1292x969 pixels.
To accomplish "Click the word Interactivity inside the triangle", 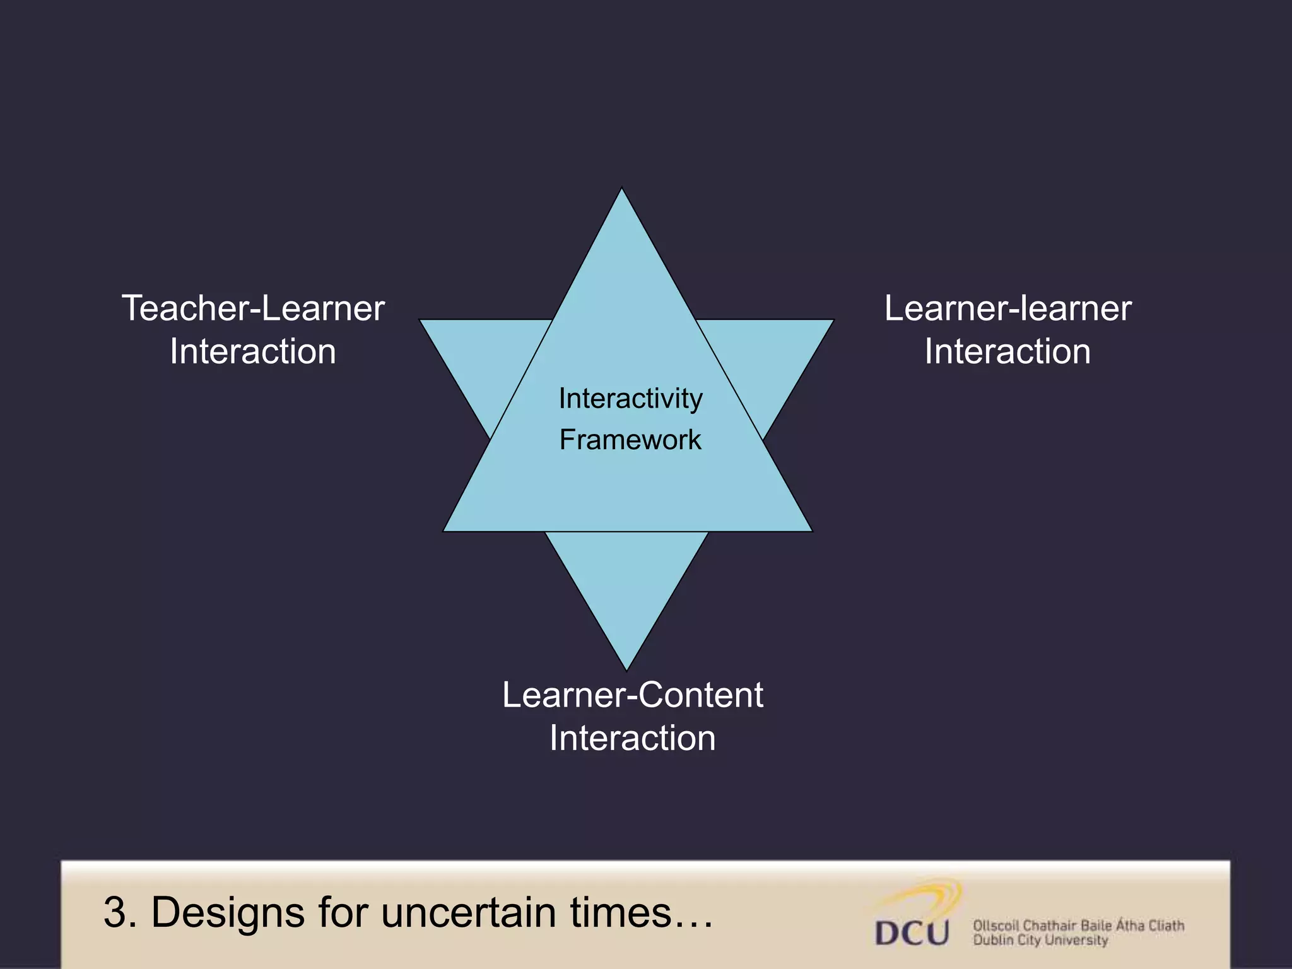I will (630, 399).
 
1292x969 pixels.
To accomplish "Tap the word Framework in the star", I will (630, 440).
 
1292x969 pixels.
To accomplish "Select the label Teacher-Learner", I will (253, 308).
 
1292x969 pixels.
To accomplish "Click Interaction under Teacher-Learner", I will (253, 351).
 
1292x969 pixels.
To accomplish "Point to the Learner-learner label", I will (1007, 308).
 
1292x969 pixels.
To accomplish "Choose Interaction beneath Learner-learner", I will (1007, 351).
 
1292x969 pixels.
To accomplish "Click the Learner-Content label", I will (633, 695).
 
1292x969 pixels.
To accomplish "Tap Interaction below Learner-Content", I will (633, 738).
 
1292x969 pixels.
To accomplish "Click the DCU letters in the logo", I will (912, 933).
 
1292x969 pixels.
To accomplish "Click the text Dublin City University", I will (1040, 941).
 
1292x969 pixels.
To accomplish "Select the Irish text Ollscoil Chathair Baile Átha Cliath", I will (1078, 925).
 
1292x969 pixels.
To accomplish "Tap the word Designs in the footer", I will (228, 913).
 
